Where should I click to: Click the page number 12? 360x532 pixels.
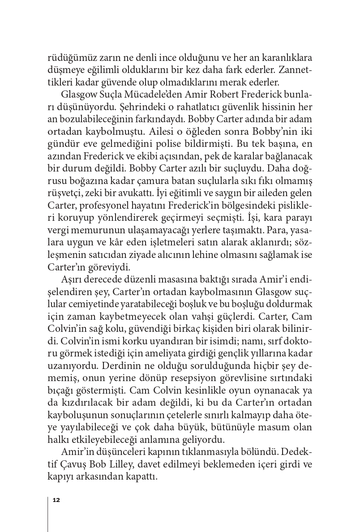pyautogui.click(x=56, y=500)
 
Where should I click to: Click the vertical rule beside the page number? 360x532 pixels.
pyautogui.click(x=48, y=513)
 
